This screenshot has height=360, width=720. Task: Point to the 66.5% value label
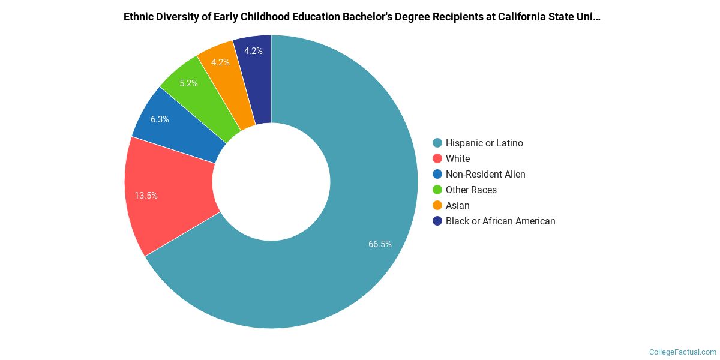click(380, 244)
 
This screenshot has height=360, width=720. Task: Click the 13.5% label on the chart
click(146, 196)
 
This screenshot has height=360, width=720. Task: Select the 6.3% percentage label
click(160, 119)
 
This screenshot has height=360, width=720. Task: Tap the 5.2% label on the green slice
click(188, 83)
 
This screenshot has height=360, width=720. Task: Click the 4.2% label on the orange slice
click(220, 62)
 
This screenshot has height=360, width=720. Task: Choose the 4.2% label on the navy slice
click(253, 51)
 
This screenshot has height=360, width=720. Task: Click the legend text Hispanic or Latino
click(484, 143)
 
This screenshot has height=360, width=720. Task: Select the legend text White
click(458, 158)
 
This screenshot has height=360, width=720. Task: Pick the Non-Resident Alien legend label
click(485, 174)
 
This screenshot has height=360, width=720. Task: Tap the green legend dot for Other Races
click(437, 190)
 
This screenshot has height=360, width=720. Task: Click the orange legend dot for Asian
click(437, 205)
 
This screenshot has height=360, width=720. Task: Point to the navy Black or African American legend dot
click(437, 221)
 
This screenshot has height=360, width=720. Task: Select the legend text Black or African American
click(500, 221)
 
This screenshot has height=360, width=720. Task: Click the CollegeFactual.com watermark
click(683, 352)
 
